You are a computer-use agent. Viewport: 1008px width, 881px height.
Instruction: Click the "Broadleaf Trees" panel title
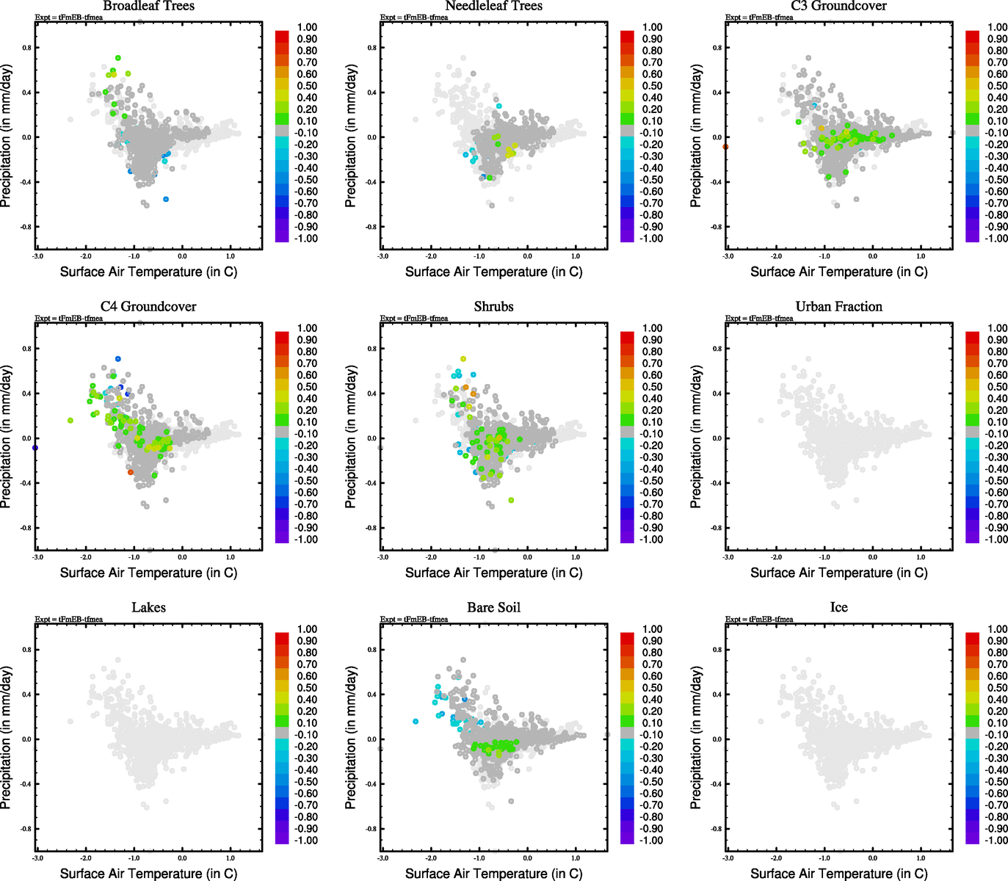(148, 7)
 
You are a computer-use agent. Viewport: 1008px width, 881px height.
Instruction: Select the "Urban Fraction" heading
(838, 307)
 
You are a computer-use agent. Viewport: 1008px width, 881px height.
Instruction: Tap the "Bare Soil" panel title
(493, 608)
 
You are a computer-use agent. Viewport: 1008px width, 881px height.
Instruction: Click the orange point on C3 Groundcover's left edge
(725, 147)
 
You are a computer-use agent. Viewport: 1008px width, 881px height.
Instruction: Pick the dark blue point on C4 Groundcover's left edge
(35, 447)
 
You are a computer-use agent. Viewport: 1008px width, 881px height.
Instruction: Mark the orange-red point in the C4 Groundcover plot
(131, 472)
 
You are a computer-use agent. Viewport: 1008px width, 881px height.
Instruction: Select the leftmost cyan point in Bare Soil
(416, 722)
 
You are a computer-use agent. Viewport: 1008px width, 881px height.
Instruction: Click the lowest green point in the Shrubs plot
(511, 500)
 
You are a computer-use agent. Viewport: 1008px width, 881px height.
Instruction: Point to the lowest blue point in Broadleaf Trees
(166, 199)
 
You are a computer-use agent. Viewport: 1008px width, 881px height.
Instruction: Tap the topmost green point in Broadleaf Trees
(117, 58)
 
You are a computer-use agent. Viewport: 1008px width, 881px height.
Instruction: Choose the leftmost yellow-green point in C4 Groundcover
(70, 421)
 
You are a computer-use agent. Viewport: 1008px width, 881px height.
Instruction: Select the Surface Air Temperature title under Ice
(838, 874)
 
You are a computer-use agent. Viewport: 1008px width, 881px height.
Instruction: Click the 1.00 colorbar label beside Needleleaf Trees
(652, 27)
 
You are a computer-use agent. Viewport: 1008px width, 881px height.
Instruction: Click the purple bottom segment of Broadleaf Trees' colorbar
(282, 236)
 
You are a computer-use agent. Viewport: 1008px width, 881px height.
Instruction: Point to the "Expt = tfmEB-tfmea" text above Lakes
(69, 620)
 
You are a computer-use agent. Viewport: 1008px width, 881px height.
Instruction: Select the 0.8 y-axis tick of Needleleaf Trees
(372, 48)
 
